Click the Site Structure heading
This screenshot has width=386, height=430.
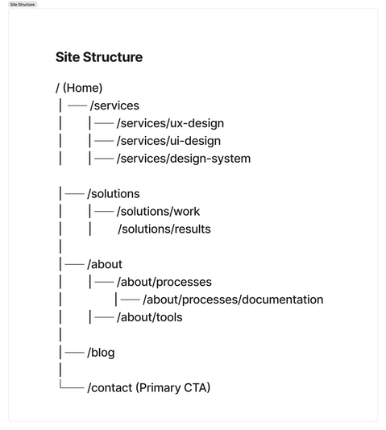[x=98, y=57]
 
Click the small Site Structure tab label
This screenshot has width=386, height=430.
[x=22, y=4]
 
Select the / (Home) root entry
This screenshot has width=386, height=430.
[x=79, y=88]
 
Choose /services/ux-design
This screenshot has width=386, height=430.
[x=170, y=123]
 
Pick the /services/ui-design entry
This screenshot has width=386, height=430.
[x=168, y=141]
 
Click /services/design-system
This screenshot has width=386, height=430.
[x=183, y=159]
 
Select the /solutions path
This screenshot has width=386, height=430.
[x=113, y=194]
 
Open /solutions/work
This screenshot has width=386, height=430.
[x=158, y=212]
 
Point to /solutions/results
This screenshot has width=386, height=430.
[x=164, y=229]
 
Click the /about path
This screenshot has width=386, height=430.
[x=105, y=264]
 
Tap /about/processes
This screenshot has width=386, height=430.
[x=164, y=282]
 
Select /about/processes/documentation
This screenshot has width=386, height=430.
[x=233, y=300]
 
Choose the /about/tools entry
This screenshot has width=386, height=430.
[x=149, y=317]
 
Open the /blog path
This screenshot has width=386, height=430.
[x=101, y=353]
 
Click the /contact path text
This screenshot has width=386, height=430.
[x=110, y=388]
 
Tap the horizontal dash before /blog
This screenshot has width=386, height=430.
[x=74, y=353]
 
